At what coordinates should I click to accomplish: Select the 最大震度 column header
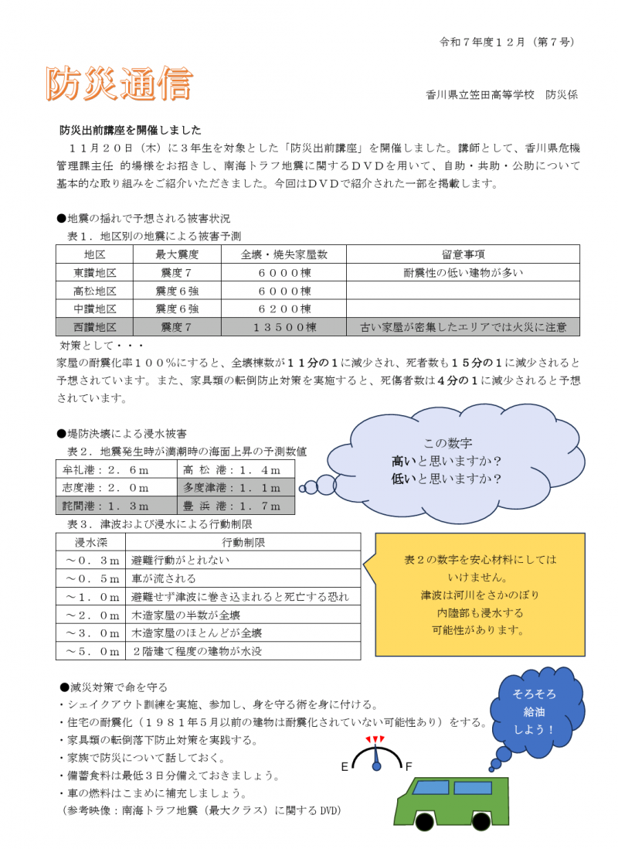[x=178, y=254]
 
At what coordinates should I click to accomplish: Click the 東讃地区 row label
[x=94, y=273]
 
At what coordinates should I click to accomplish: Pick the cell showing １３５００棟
[x=284, y=327]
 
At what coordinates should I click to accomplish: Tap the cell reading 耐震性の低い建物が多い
[x=463, y=273]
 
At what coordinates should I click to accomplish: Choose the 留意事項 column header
[x=463, y=254]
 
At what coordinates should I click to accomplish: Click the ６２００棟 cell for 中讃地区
[x=284, y=309]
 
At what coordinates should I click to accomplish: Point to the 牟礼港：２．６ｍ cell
[x=117, y=469]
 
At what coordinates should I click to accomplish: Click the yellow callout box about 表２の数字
[x=480, y=595]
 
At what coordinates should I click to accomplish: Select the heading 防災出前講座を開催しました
[x=131, y=130]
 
